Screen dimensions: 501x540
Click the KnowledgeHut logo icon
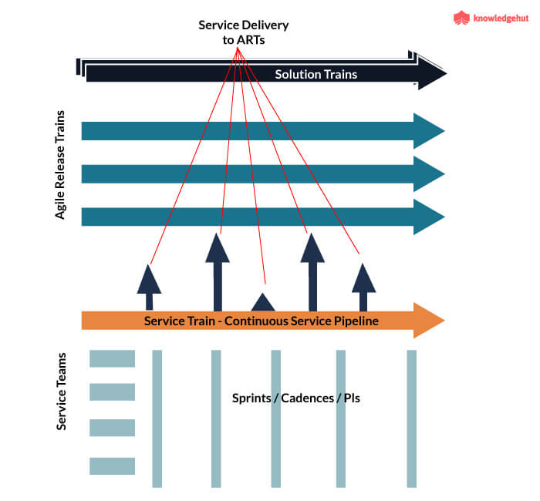[x=461, y=18]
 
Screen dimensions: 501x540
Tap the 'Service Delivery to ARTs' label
[x=244, y=32]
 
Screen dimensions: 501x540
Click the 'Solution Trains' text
[x=316, y=74]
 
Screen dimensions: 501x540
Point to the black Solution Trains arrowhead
[x=432, y=74]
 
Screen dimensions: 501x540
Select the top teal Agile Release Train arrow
[x=262, y=131]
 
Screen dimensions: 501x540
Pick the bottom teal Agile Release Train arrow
[x=262, y=217]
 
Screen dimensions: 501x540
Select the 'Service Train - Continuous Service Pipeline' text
[x=261, y=320]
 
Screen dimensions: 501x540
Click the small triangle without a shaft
[x=263, y=302]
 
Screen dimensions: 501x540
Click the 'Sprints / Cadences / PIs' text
[x=296, y=399]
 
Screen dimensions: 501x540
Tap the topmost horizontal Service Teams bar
[x=112, y=358]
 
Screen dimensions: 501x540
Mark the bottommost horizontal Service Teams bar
[x=112, y=466]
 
